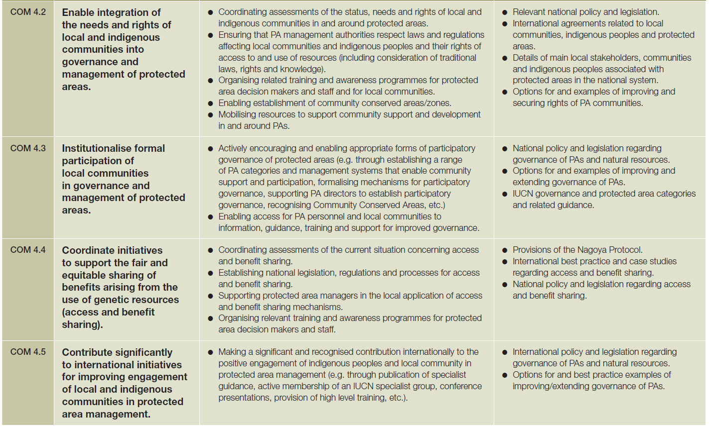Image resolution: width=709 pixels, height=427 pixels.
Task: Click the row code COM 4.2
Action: [28, 12]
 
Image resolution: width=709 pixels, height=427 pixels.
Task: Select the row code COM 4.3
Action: [28, 148]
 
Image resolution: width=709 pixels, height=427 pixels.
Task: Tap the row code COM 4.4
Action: [28, 250]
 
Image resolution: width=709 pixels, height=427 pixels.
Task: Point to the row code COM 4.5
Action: [28, 352]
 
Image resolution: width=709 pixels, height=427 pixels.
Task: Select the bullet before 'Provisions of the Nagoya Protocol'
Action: [505, 250]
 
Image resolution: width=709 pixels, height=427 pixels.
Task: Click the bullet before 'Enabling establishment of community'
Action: [211, 104]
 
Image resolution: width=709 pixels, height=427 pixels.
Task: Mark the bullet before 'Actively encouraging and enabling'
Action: [211, 149]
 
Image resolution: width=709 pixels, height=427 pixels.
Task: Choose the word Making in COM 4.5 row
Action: [232, 352]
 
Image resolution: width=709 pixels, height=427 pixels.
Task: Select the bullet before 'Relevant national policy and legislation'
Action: [505, 12]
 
